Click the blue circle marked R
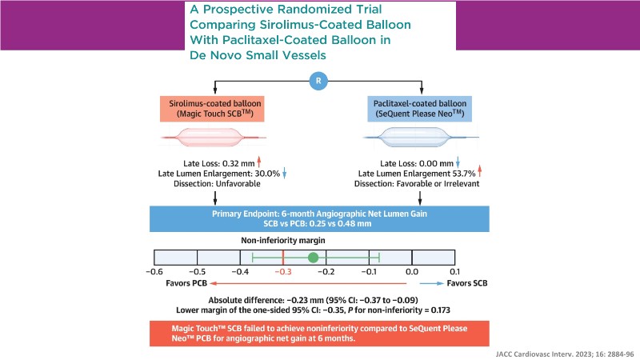click(x=319, y=82)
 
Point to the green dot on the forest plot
click(x=314, y=258)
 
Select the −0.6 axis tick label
click(x=153, y=272)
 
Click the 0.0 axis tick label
click(x=412, y=272)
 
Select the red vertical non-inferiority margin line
click(x=283, y=257)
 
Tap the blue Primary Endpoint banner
click(x=320, y=219)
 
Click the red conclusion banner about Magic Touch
click(x=320, y=334)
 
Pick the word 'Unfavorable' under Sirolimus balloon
click(x=238, y=183)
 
